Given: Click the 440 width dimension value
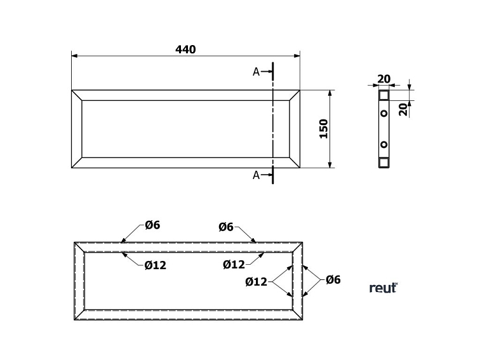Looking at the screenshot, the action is pos(185,50).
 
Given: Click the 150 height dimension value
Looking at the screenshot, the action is pos(324,129).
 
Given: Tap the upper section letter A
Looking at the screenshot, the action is pos(256,72).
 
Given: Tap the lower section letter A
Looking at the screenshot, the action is pos(256,175).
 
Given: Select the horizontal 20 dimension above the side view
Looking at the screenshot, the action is pos(384,79).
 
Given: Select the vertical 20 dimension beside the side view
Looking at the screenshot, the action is pos(404,109).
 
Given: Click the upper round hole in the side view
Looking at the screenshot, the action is pos(384,113).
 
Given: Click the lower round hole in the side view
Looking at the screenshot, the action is pos(384,144).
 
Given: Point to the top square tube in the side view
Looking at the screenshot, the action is pos(384,95).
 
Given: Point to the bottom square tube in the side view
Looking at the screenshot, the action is pos(384,163).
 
